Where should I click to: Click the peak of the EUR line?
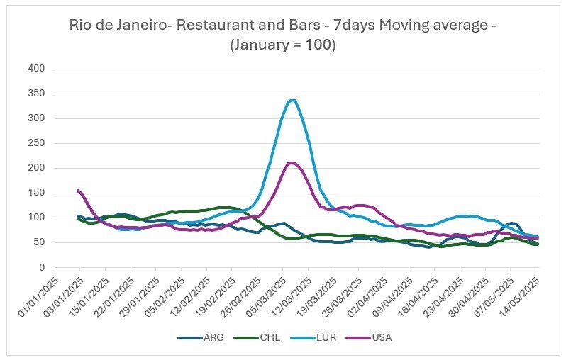(x=292, y=100)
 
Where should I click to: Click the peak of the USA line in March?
(x=292, y=163)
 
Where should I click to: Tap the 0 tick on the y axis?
(x=42, y=267)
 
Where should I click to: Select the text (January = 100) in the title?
(x=283, y=45)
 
